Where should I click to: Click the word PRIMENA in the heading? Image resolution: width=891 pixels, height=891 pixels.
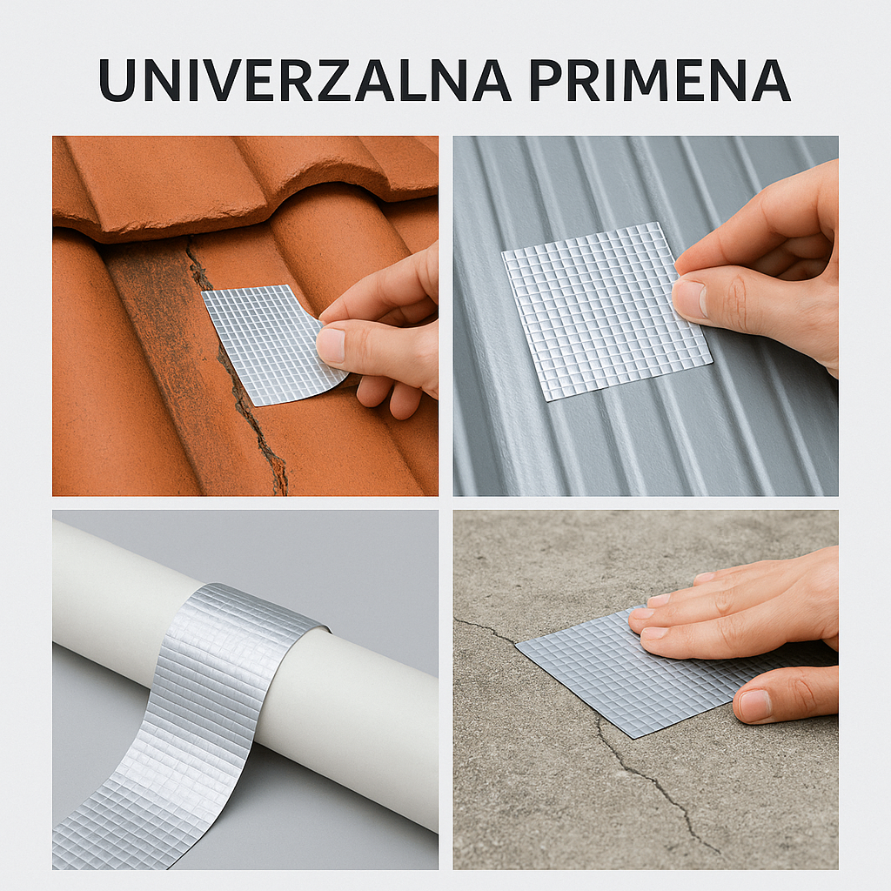[659, 80]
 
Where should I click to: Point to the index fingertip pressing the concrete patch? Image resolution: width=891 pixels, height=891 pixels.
[644, 614]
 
